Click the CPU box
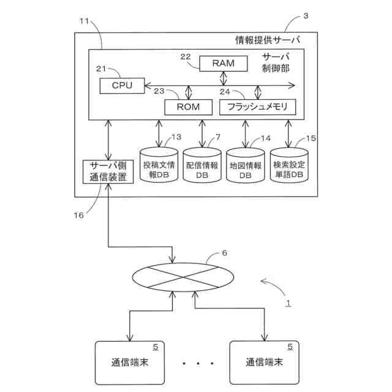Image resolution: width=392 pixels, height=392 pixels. point(123,85)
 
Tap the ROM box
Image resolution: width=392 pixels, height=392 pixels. point(187,107)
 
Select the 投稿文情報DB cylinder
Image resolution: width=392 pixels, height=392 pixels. point(159,165)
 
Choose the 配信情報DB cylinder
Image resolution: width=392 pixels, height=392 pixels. point(202,165)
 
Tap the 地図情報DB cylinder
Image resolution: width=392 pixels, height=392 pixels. point(245,165)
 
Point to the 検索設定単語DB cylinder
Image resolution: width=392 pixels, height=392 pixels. point(288,165)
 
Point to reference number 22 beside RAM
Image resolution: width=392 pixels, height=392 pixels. point(186,56)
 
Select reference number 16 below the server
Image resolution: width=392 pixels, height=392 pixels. point(78,215)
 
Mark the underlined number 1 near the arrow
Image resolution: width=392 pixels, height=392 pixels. point(289,302)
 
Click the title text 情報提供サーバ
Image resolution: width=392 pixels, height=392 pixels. point(268,41)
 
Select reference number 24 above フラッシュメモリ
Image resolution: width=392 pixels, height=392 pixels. point(225,91)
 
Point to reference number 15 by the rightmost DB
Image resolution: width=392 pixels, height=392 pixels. point(311,138)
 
